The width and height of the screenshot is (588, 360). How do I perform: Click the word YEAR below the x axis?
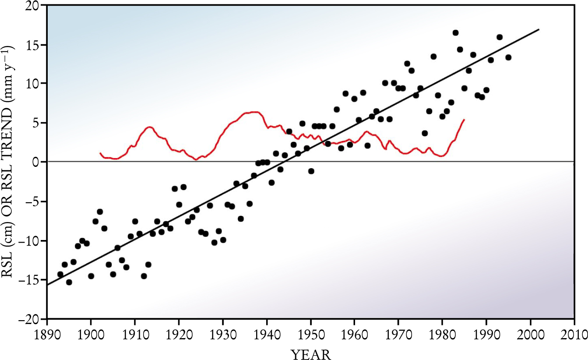pos(311,353)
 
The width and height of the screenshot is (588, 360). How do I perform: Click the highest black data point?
pos(455,33)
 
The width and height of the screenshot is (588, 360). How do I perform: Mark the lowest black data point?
pos(69,282)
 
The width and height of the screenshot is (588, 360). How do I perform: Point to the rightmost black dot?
pos(508,57)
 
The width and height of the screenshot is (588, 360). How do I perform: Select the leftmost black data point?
pos(60,274)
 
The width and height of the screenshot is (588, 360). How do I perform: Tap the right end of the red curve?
pos(464,119)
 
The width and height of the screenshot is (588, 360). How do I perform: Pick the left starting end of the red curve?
pos(100,153)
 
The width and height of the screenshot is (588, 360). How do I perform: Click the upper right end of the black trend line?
pos(539,29)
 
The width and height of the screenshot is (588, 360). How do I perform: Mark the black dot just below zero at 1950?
pos(311,171)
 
